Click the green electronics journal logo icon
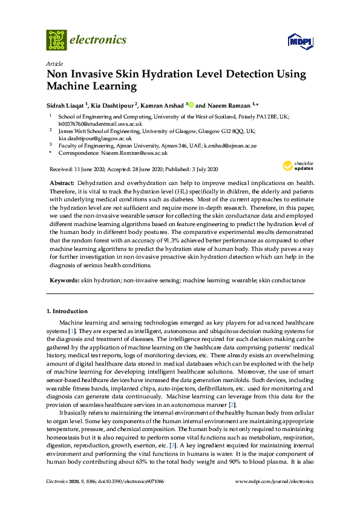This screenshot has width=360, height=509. tap(56, 40)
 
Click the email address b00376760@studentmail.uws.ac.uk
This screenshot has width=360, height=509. tap(100, 123)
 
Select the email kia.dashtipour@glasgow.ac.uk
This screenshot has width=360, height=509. tap(95, 138)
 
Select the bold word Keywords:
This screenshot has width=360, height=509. tap(64, 280)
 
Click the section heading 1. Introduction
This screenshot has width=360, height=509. tap(67, 311)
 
